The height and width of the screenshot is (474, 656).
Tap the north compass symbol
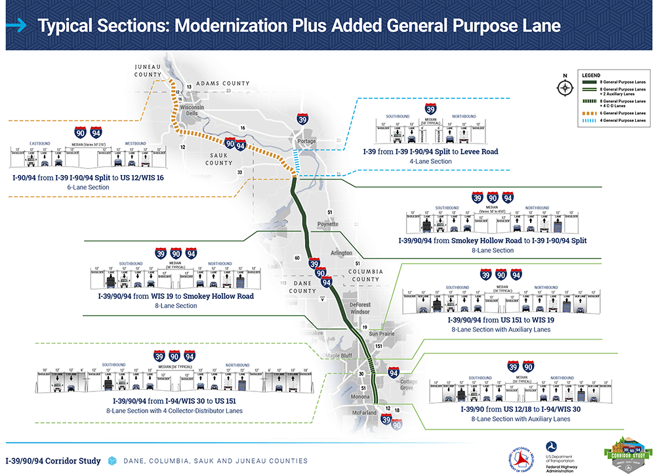point(564,88)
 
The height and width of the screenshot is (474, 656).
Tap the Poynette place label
point(327,224)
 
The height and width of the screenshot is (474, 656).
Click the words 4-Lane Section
point(430,161)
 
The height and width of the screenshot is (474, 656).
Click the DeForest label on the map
point(359,305)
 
